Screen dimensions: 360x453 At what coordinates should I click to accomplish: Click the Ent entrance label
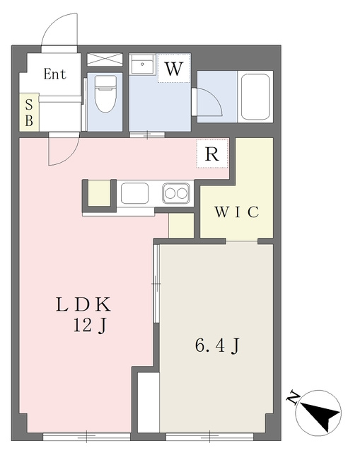[x=55, y=74]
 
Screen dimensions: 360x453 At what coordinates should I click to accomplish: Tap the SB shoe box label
[x=29, y=113]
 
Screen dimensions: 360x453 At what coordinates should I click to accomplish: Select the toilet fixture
[x=105, y=94]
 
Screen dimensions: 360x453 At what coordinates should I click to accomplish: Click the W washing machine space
[x=174, y=68]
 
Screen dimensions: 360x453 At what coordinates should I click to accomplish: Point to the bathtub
[x=255, y=96]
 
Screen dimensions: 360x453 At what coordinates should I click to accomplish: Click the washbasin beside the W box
[x=142, y=64]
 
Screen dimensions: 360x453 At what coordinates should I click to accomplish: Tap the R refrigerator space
[x=212, y=154]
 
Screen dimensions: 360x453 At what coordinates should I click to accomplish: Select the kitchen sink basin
[x=135, y=193]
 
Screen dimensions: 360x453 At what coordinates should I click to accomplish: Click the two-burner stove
[x=176, y=193]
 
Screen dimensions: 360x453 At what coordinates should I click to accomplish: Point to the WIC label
[x=236, y=212]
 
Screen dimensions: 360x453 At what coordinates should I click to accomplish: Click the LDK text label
[x=83, y=305]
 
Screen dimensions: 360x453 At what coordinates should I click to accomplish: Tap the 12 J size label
[x=90, y=326]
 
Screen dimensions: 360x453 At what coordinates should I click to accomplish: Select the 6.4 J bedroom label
[x=217, y=345]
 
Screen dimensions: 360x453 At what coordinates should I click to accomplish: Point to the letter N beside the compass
[x=293, y=398]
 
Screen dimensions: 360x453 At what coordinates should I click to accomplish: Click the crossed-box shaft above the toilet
[x=105, y=59]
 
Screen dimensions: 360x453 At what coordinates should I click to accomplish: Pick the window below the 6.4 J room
[x=209, y=437]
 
